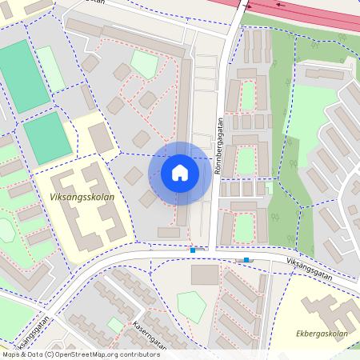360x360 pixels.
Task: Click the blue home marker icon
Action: [x=180, y=173]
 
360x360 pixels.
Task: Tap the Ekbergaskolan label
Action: [x=322, y=334]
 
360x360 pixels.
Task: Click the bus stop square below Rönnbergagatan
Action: [x=193, y=250]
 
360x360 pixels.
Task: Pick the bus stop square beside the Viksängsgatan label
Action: [x=246, y=260]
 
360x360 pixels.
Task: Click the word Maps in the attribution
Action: [x=12, y=354]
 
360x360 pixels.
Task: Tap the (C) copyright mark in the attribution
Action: [x=49, y=354]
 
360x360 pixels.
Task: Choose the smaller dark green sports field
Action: [x=46, y=137]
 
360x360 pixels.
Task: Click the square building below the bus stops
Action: [x=205, y=274]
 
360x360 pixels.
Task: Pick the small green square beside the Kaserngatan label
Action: [x=115, y=324]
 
